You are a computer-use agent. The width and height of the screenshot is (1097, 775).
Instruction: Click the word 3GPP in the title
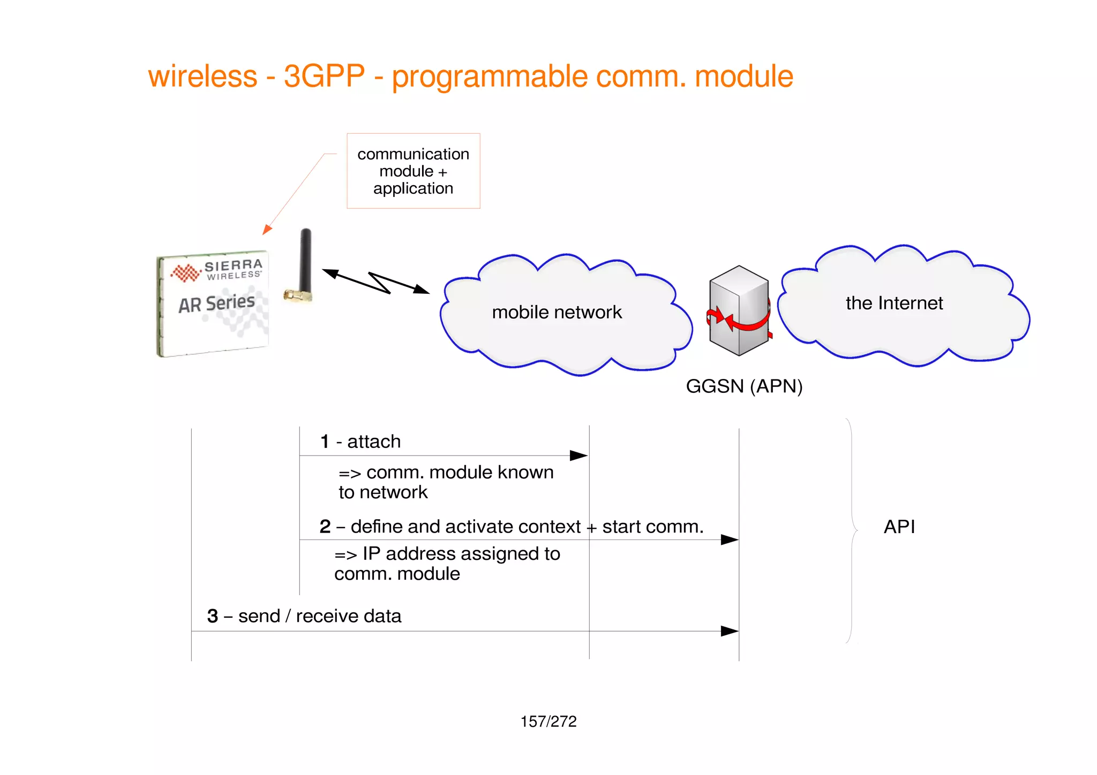(x=324, y=77)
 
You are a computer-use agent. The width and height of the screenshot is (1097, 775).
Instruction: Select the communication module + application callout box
(x=413, y=171)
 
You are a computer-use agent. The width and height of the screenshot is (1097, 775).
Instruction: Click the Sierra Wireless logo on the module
(x=216, y=271)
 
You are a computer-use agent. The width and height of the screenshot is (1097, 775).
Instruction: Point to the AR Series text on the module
(x=216, y=303)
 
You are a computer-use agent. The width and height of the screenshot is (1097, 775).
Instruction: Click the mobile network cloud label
(x=557, y=312)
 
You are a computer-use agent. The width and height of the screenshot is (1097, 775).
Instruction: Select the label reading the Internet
(x=894, y=303)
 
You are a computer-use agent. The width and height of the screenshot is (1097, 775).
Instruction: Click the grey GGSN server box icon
(x=738, y=310)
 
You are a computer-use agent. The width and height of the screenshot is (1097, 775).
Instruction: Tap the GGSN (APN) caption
(x=744, y=386)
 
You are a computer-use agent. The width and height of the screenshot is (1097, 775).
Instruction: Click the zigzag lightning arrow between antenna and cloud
(x=377, y=282)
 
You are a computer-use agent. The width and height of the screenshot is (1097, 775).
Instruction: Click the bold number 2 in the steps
(x=325, y=527)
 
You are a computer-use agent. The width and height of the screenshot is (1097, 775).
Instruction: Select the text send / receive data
(x=319, y=616)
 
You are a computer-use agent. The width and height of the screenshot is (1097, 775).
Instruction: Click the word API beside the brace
(x=899, y=527)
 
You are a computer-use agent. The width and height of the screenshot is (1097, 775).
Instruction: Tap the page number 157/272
(x=548, y=721)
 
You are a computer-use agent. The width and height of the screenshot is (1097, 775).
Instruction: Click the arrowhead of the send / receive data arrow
(x=730, y=631)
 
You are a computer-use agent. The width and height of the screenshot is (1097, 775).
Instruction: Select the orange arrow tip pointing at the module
(x=266, y=230)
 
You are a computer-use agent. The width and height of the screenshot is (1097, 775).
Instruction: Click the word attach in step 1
(x=374, y=442)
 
